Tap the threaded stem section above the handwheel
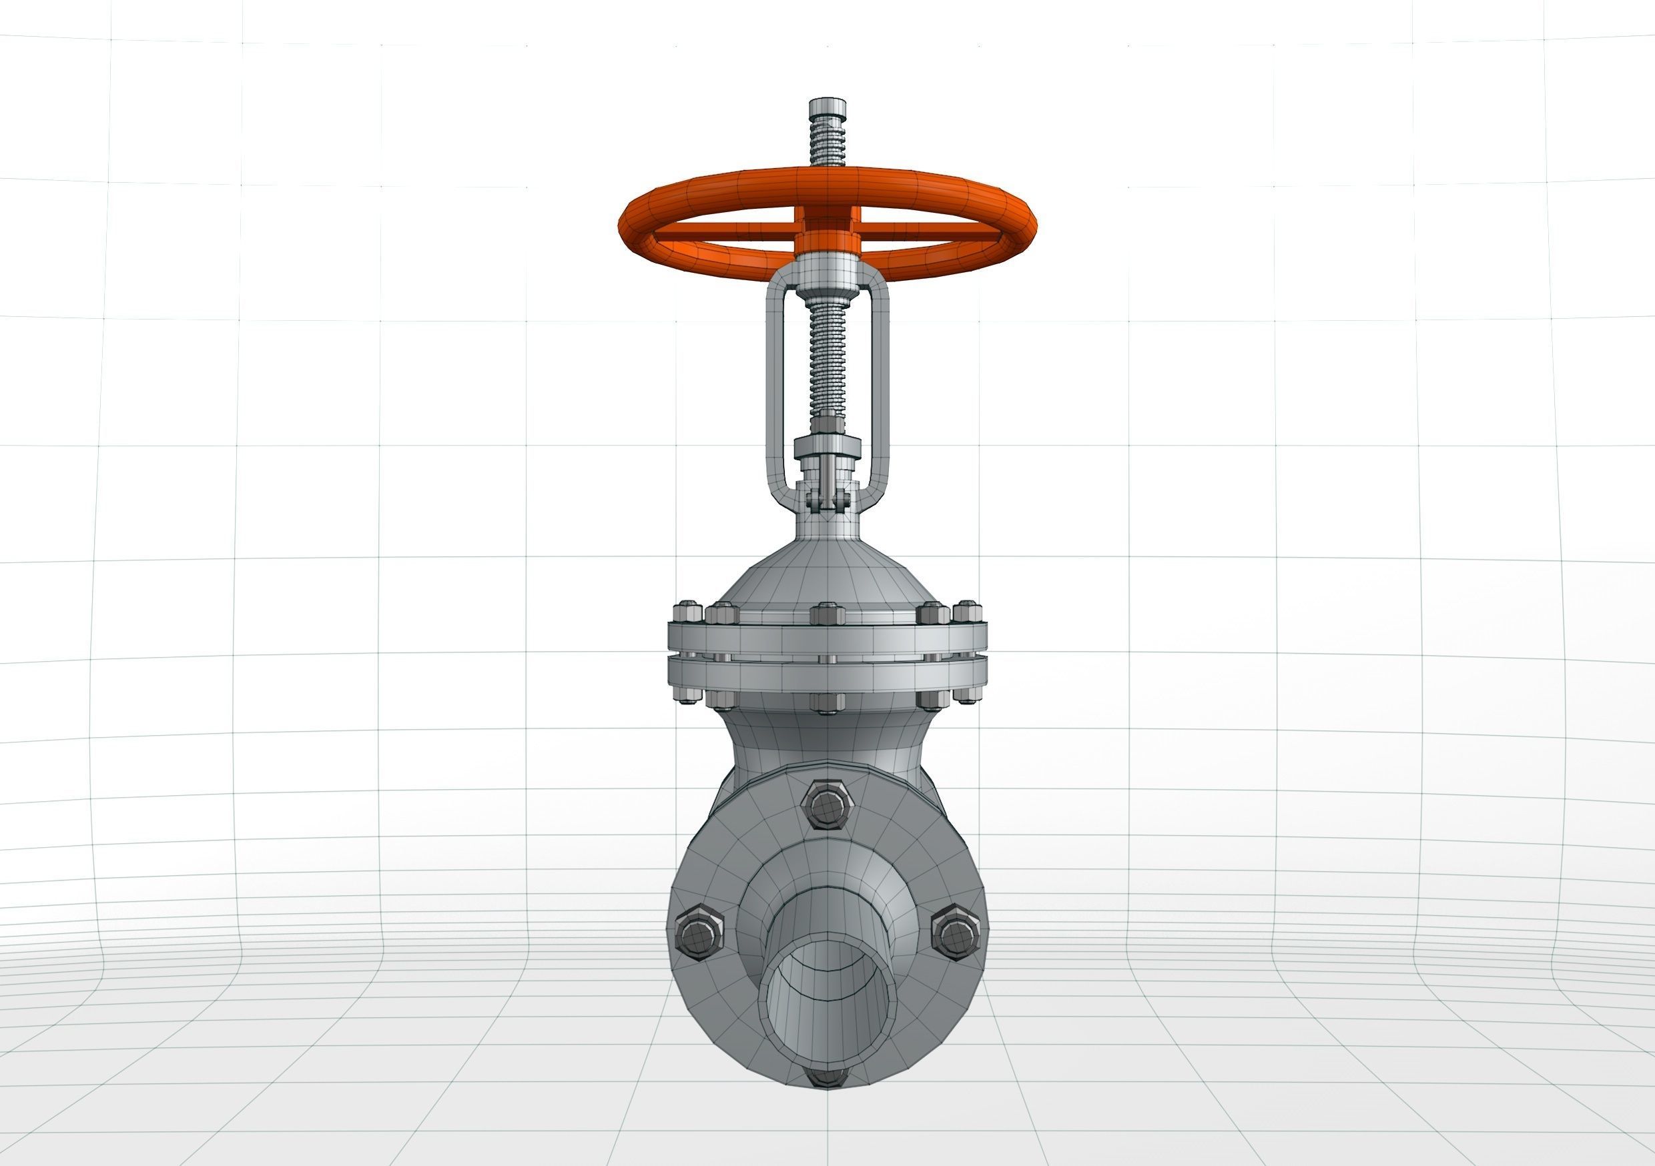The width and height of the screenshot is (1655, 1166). tap(827, 147)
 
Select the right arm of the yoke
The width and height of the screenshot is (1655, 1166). tap(880, 389)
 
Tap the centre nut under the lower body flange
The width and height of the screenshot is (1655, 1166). tap(827, 702)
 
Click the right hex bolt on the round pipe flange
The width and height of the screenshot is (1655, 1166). tap(956, 934)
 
